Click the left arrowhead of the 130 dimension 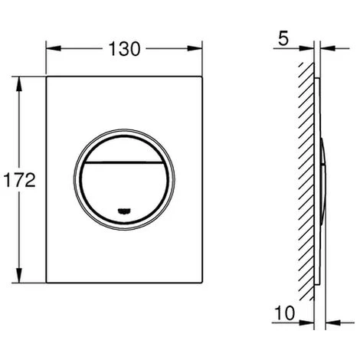coord(50,49)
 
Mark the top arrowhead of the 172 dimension coord(19,79)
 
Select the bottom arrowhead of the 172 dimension coord(19,283)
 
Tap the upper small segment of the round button coord(126,150)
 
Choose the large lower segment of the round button coord(126,188)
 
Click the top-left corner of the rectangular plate coord(47,75)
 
